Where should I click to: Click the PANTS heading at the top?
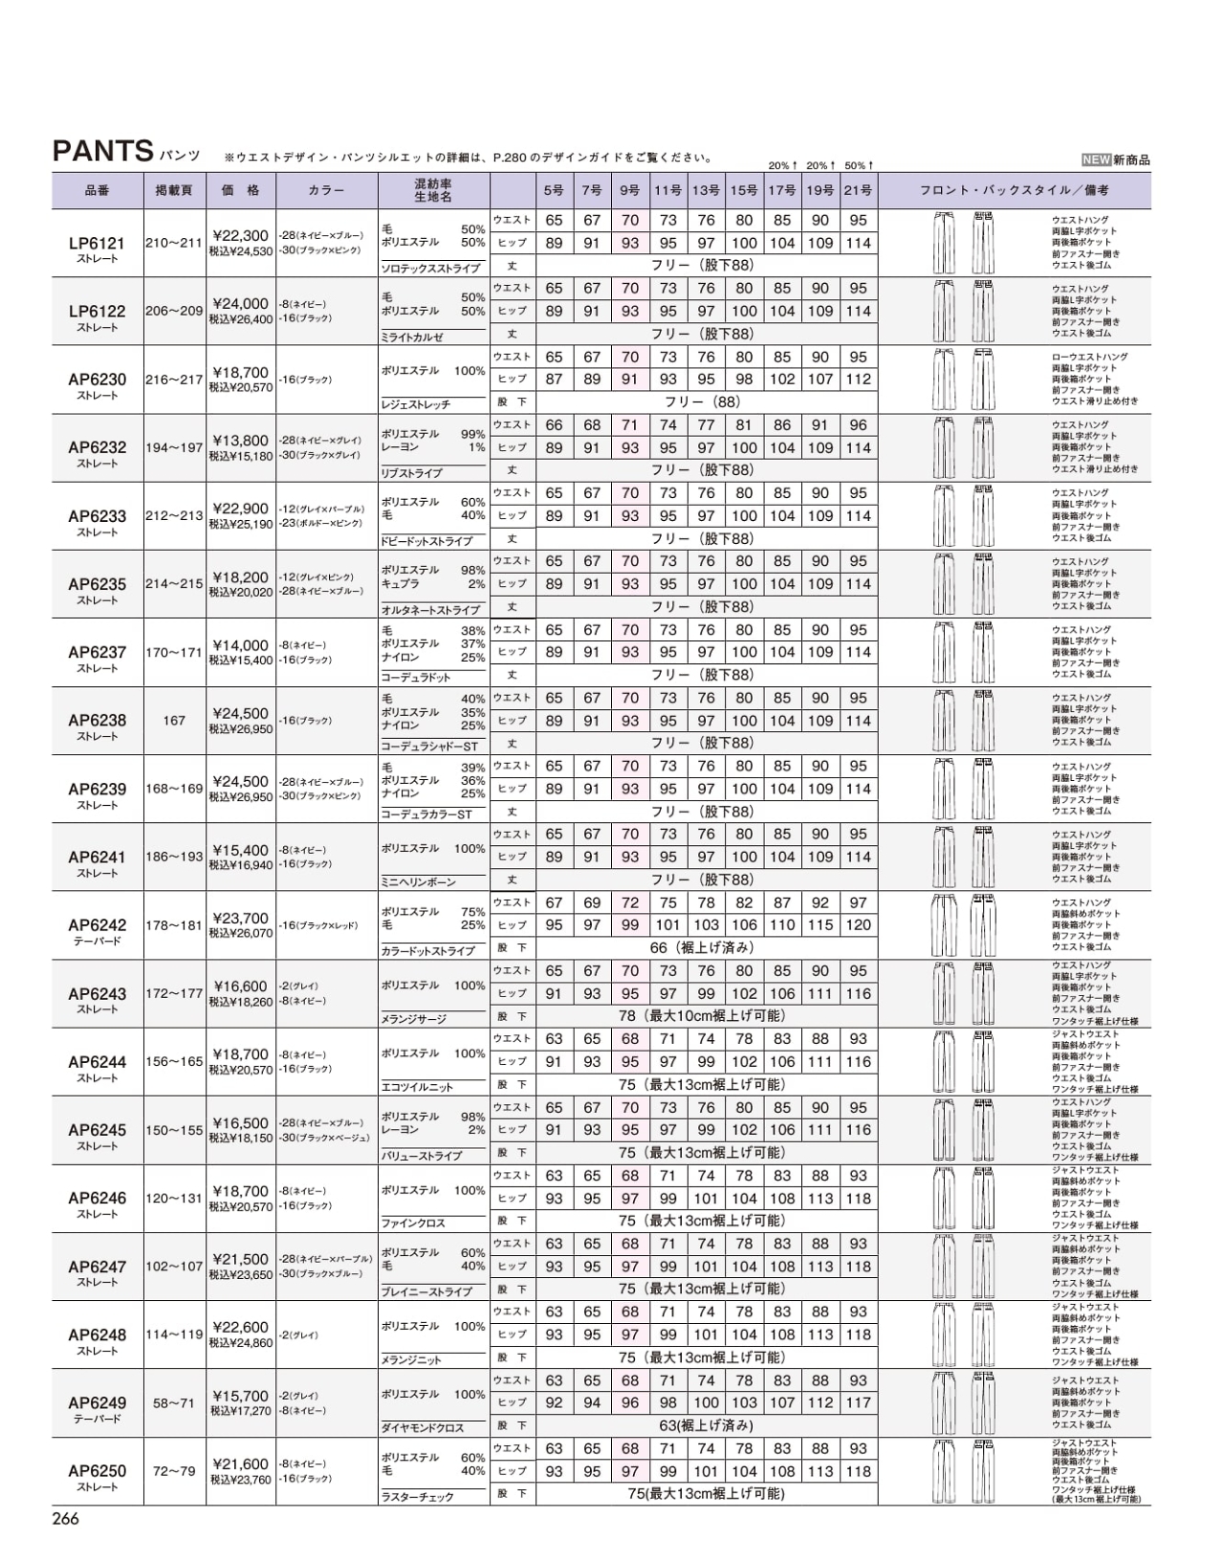pyautogui.click(x=103, y=151)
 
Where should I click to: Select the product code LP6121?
pyautogui.click(x=97, y=244)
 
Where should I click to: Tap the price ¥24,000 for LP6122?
pyautogui.click(x=240, y=305)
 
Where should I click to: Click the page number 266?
pyautogui.click(x=65, y=1519)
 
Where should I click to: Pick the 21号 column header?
pyautogui.click(x=858, y=190)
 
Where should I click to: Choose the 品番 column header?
pyautogui.click(x=97, y=190)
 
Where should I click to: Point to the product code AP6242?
pyautogui.click(x=97, y=925)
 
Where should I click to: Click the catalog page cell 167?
pyautogui.click(x=174, y=721)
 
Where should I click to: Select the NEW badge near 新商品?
pyautogui.click(x=1096, y=161)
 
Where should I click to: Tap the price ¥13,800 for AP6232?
pyautogui.click(x=240, y=441)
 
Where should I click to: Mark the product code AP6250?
pyautogui.click(x=97, y=1471)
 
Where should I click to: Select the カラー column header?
pyautogui.click(x=327, y=190)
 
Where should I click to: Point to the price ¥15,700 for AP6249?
pyautogui.click(x=240, y=1397)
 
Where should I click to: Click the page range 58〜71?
pyautogui.click(x=174, y=1403)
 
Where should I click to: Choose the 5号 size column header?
pyautogui.click(x=554, y=190)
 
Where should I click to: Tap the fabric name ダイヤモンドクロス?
pyautogui.click(x=423, y=1428)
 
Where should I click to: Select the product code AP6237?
pyautogui.click(x=97, y=652)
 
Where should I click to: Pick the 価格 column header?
pyautogui.click(x=240, y=190)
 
